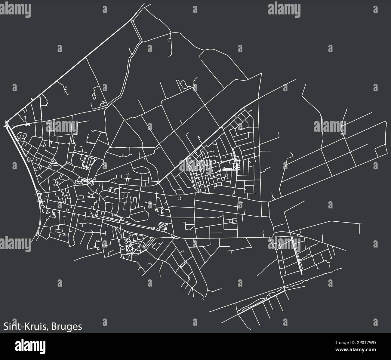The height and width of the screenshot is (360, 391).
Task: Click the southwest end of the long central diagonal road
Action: (159, 182)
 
